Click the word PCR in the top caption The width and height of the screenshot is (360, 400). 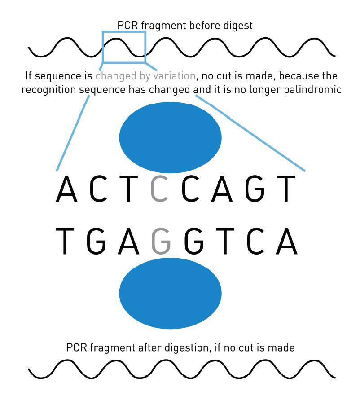pyautogui.click(x=127, y=26)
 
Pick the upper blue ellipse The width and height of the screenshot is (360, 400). pyautogui.click(x=170, y=137)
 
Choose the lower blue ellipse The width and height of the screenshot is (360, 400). pyautogui.click(x=170, y=293)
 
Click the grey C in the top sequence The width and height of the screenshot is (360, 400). pyautogui.click(x=159, y=189)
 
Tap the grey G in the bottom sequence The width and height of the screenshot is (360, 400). pyautogui.click(x=161, y=241)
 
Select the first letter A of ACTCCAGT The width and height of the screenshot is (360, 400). pyautogui.click(x=66, y=189)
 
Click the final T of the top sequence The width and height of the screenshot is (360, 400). pyautogui.click(x=286, y=189)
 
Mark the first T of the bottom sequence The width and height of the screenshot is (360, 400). pyautogui.click(x=65, y=241)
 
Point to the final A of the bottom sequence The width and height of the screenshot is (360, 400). pyautogui.click(x=287, y=241)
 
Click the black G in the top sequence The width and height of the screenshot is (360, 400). pyautogui.click(x=255, y=189)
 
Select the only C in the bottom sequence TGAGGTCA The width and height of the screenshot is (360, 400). pyautogui.click(x=255, y=241)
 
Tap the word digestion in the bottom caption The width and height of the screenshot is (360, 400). pyautogui.click(x=188, y=348)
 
